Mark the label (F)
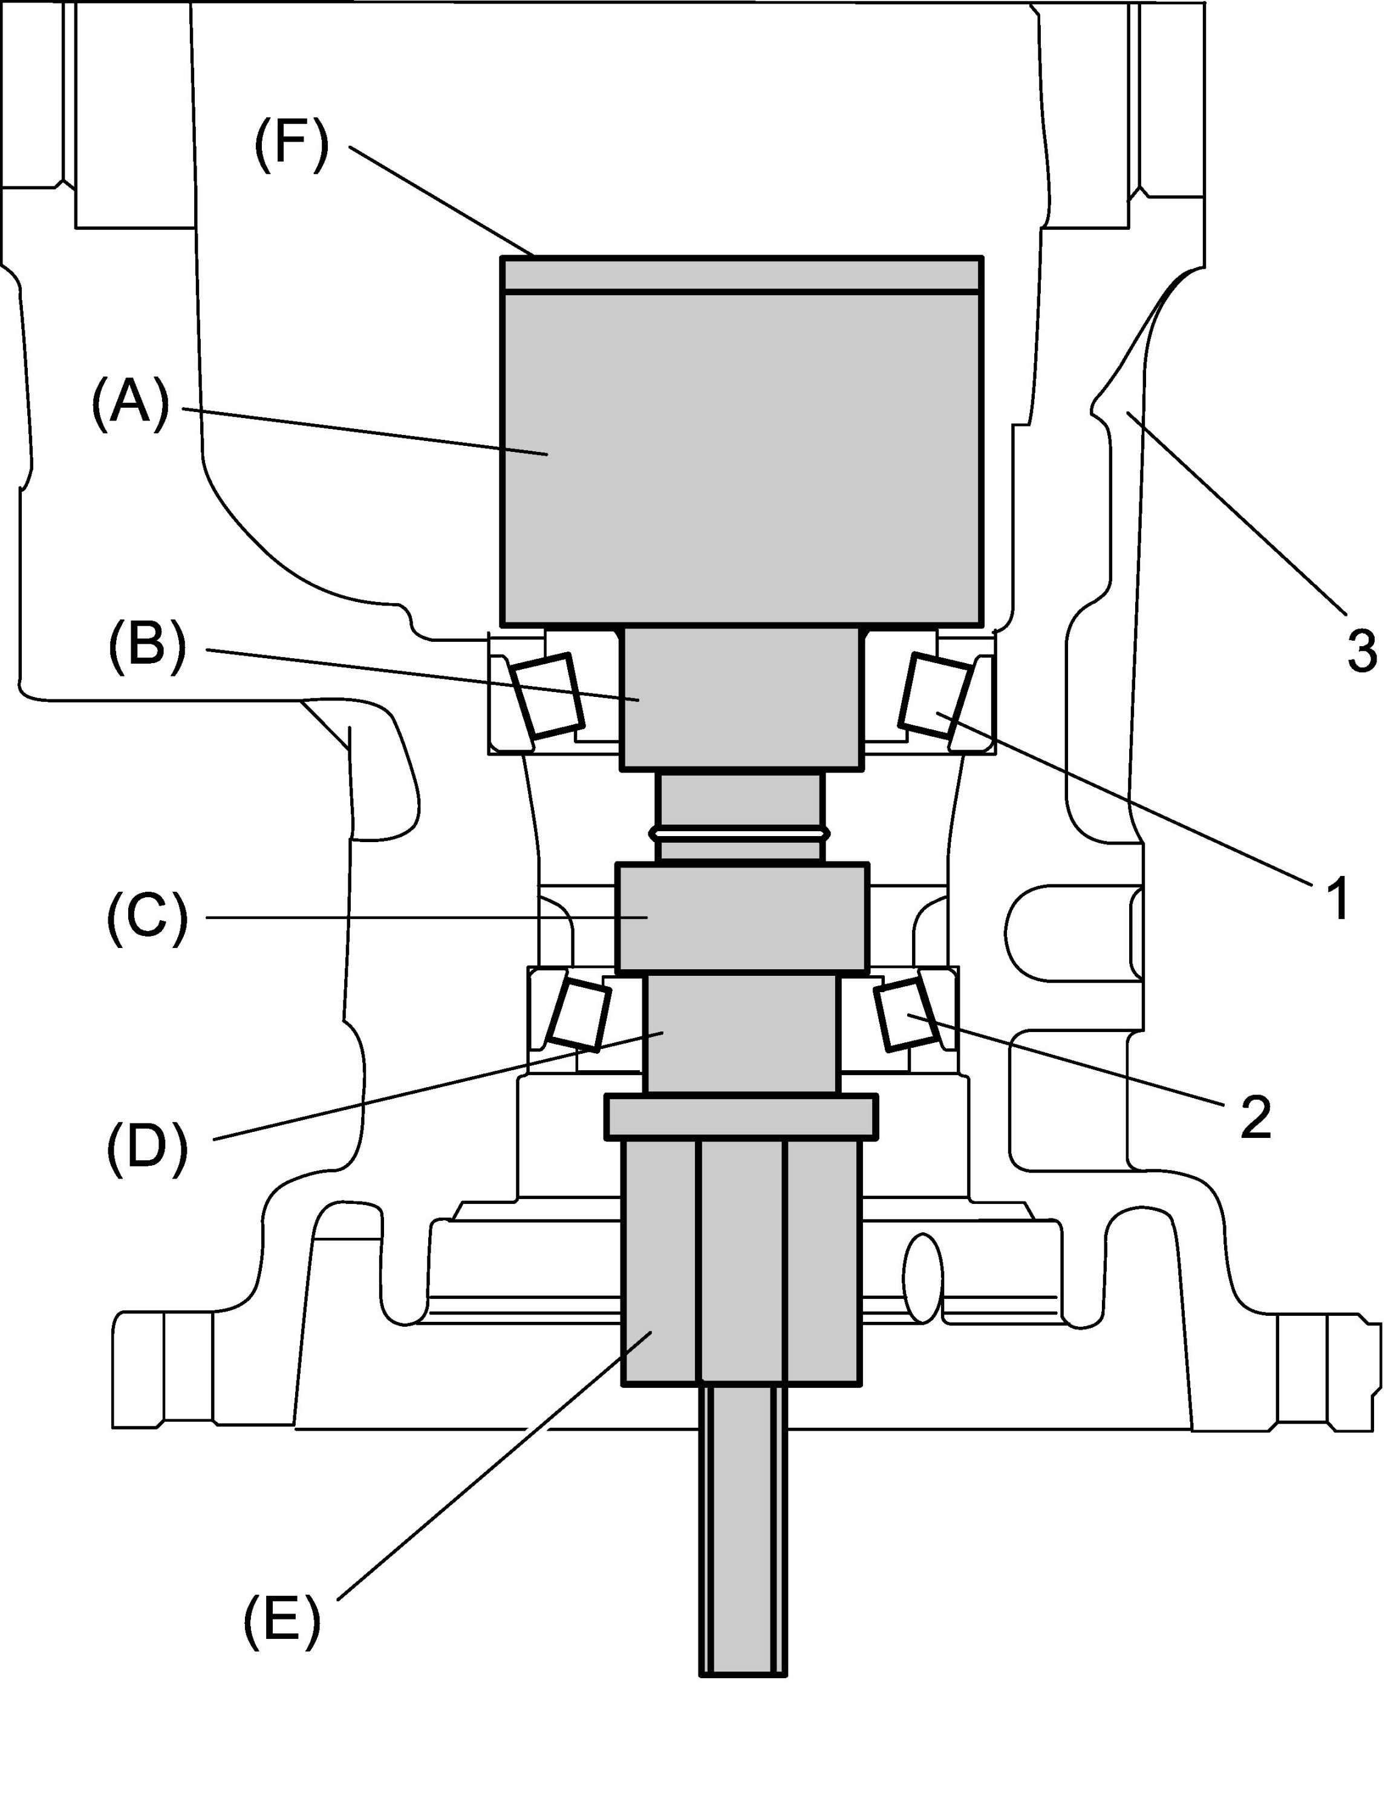(291, 145)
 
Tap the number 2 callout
(1255, 1118)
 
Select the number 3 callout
(1361, 650)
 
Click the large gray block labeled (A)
(742, 459)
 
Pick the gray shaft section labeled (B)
(742, 698)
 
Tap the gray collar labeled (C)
(742, 916)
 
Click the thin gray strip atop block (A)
(742, 275)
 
